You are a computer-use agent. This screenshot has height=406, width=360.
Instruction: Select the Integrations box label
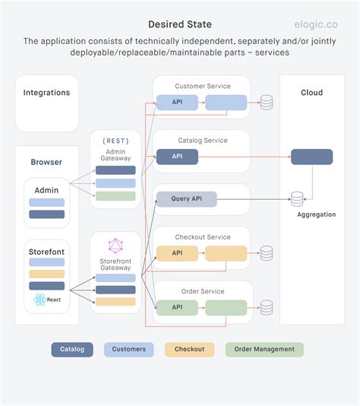[x=46, y=93]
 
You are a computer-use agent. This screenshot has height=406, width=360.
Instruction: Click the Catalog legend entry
[x=73, y=349]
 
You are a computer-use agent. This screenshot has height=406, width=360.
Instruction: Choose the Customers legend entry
[x=129, y=349]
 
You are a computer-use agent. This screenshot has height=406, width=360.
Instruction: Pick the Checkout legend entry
[x=189, y=349]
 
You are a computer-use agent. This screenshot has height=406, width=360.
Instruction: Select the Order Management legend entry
[x=264, y=349]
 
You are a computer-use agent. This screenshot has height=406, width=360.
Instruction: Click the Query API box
[x=186, y=199]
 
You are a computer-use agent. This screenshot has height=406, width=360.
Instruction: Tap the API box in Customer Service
[x=177, y=103]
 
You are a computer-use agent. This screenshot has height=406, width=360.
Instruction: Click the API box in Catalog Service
[x=177, y=157]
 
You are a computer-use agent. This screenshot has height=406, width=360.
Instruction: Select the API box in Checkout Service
[x=177, y=253]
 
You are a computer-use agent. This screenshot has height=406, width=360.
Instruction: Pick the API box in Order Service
[x=177, y=307]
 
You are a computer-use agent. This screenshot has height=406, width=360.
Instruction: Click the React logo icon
[x=39, y=300]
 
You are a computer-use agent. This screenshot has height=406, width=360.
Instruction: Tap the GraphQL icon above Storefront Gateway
[x=115, y=246]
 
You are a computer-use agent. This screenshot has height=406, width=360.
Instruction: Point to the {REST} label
[x=115, y=141]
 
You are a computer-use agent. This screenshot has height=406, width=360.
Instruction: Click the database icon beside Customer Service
[x=267, y=103]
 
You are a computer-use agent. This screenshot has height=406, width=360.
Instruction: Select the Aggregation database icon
[x=297, y=199]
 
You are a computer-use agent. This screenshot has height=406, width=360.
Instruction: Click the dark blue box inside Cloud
[x=311, y=157]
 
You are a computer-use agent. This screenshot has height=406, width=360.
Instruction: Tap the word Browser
[x=46, y=162]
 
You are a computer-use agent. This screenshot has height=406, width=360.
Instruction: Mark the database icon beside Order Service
[x=267, y=307]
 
